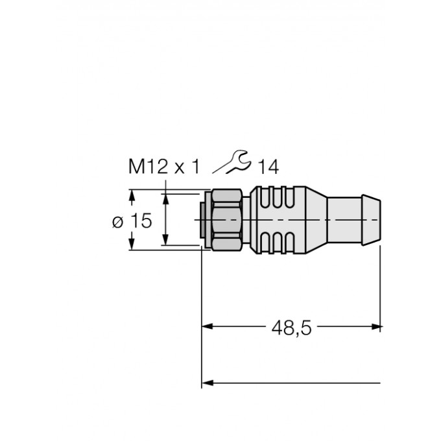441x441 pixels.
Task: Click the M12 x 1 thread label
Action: pos(163,167)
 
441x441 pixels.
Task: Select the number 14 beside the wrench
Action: pos(267,167)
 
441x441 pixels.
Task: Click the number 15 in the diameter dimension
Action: pos(139,221)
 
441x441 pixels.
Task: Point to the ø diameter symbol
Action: pos(117,222)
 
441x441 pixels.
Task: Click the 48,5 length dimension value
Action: pos(292,328)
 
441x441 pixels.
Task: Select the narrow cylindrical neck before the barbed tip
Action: pos(344,220)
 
